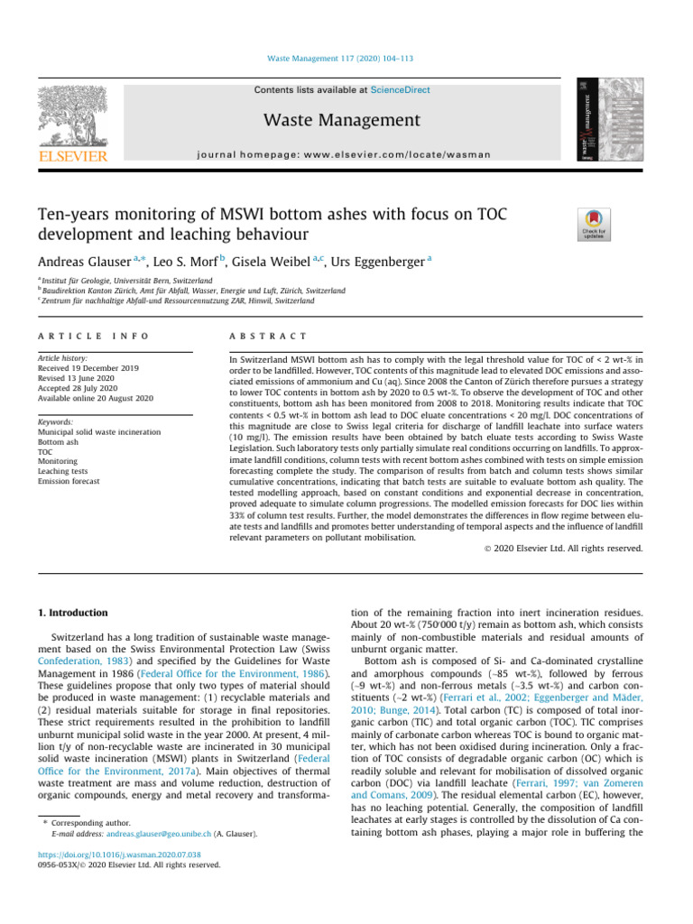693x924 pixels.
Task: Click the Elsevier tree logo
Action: (x=72, y=121)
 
